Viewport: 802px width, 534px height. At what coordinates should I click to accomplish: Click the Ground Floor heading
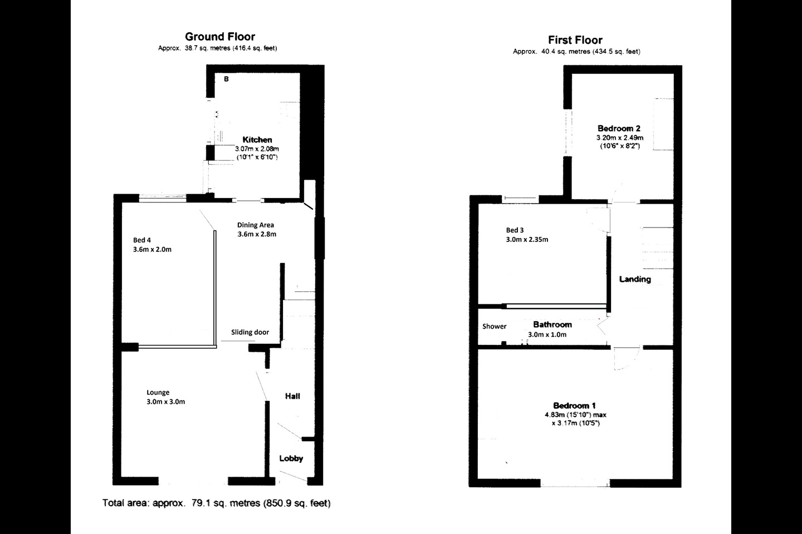(220, 37)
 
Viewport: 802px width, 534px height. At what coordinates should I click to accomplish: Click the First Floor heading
(575, 39)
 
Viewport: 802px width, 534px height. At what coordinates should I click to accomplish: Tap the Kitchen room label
(257, 140)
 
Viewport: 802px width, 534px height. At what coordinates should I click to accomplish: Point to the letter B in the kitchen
(226, 78)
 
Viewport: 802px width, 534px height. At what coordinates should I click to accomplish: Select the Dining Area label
(255, 225)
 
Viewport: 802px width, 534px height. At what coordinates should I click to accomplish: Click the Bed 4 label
(142, 240)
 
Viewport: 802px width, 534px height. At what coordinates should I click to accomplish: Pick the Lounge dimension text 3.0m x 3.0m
(166, 402)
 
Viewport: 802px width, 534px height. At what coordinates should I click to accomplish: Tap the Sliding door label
(250, 332)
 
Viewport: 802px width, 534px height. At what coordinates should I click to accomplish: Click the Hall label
(292, 396)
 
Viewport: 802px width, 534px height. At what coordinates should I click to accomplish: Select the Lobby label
(291, 458)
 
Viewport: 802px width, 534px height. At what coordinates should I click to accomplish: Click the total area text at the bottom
(216, 503)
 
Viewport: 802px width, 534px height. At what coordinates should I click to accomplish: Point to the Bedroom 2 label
(619, 128)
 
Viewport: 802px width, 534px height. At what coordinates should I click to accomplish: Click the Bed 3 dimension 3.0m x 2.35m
(527, 240)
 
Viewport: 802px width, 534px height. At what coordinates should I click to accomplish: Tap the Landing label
(635, 279)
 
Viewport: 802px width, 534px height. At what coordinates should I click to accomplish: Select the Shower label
(494, 326)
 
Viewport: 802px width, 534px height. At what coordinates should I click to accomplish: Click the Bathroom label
(552, 324)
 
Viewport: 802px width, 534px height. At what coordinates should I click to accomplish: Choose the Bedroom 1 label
(574, 406)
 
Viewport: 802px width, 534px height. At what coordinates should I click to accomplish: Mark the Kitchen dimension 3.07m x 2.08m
(257, 149)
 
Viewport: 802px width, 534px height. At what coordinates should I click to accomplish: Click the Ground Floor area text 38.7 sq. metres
(208, 48)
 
